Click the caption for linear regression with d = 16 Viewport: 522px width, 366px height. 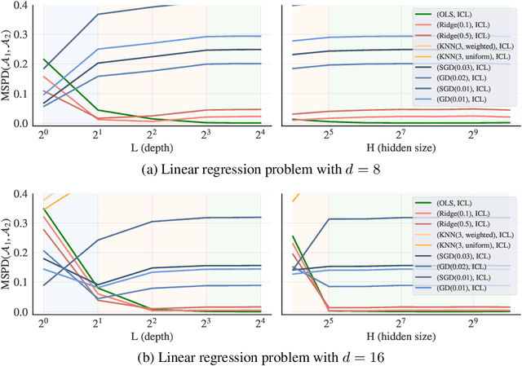tap(261, 356)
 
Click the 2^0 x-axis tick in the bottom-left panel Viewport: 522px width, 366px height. tap(43, 324)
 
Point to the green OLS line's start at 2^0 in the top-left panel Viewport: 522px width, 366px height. tap(43, 60)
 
